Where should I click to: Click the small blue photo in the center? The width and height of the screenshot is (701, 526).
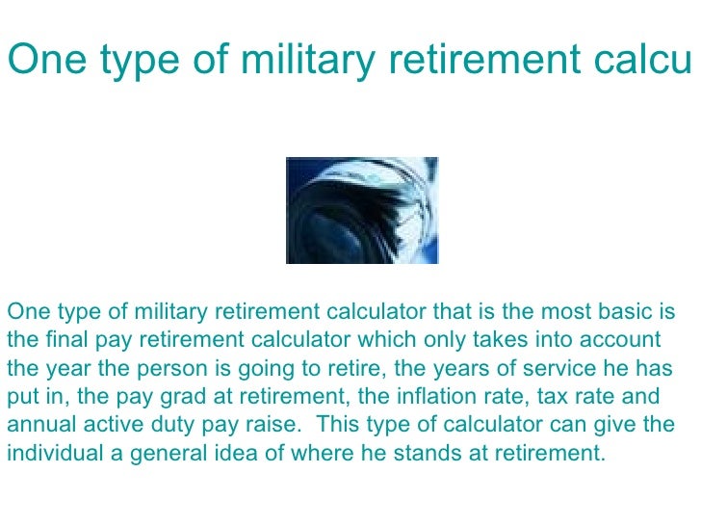click(x=362, y=210)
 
